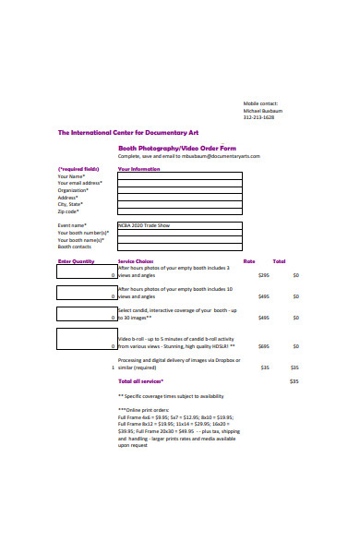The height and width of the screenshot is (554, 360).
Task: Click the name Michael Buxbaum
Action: click(x=264, y=110)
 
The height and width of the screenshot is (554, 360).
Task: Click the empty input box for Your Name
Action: click(x=180, y=175)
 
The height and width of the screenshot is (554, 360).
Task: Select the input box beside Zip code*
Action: click(x=180, y=211)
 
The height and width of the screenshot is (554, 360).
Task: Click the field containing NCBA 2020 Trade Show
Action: click(x=180, y=224)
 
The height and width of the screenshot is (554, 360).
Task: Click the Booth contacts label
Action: click(x=75, y=247)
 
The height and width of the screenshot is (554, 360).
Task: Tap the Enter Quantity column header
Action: click(x=77, y=261)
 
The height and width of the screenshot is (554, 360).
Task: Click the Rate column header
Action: click(x=249, y=261)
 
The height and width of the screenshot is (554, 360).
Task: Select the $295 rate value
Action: click(x=263, y=275)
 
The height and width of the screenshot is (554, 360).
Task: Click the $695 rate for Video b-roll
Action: click(x=263, y=346)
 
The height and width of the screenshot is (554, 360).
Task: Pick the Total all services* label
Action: click(x=140, y=380)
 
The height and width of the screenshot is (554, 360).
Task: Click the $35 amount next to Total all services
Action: click(x=294, y=380)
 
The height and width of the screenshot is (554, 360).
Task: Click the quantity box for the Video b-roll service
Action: click(x=87, y=339)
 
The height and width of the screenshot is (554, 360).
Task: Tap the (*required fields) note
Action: click(x=78, y=169)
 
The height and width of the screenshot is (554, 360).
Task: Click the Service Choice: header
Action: click(x=136, y=261)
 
